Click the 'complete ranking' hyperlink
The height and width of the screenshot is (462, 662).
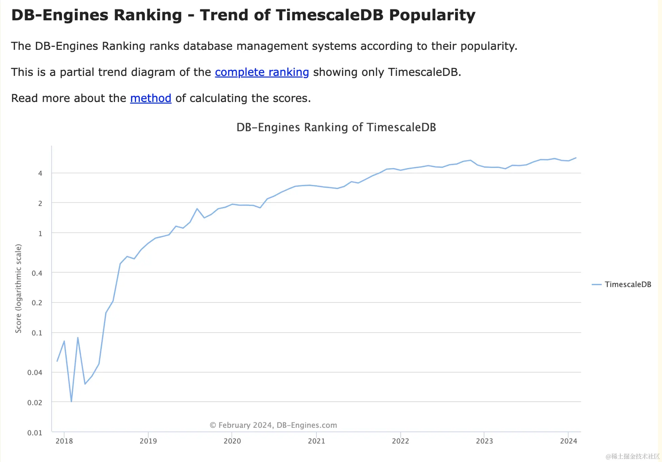262,72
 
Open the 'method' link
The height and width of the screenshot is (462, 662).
151,98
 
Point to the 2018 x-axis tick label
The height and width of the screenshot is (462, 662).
64,441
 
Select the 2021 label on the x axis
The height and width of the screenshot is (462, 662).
316,441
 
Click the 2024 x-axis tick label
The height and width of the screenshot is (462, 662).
569,441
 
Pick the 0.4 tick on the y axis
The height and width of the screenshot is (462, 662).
37,273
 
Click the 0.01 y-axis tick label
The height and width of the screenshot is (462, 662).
35,433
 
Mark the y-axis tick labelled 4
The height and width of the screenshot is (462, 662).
40,173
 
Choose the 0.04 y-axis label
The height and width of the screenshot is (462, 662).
35,373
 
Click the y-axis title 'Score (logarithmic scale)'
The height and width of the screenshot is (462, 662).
18,288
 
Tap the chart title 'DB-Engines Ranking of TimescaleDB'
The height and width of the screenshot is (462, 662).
336,127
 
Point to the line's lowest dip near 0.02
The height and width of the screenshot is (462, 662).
71,401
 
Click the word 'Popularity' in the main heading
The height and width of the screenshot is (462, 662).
432,15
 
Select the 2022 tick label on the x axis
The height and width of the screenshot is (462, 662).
400,441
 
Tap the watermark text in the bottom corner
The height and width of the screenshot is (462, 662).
633,456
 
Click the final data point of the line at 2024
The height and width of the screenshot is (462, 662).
576,158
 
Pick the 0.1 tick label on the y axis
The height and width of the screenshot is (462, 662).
37,333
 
